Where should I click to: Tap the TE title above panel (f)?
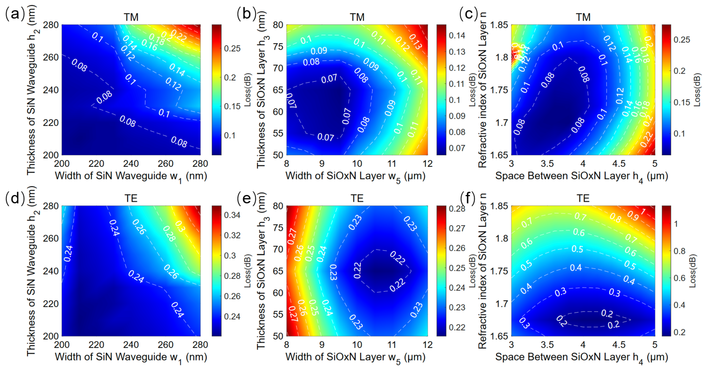pyautogui.click(x=583, y=198)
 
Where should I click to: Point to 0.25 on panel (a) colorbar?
pyautogui.click(x=232, y=49)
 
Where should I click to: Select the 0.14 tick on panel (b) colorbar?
pyautogui.click(x=457, y=35)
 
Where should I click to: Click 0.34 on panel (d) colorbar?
pyautogui.click(x=232, y=215)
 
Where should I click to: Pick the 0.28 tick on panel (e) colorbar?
pyautogui.click(x=457, y=209)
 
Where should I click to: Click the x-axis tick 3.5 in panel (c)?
pyautogui.click(x=547, y=164)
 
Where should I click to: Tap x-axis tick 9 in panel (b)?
pyautogui.click(x=322, y=164)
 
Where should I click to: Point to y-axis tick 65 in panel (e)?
pyautogui.click(x=278, y=271)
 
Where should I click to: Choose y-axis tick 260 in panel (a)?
pyautogui.click(x=51, y=57)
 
